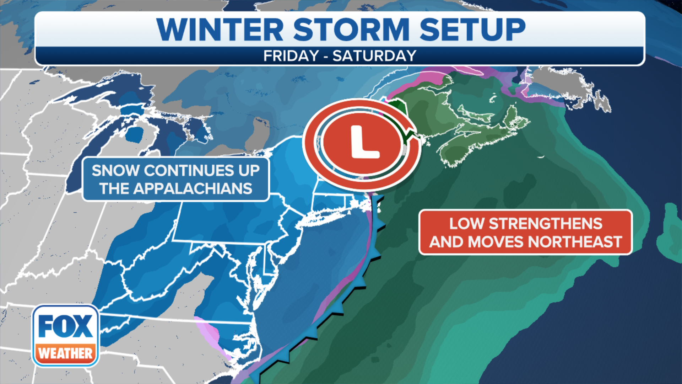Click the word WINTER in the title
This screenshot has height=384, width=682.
[x=220, y=30]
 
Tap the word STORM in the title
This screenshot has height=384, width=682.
[x=351, y=30]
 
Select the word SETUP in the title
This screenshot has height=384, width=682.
[x=472, y=30]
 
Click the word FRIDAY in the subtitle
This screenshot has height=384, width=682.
[x=291, y=56]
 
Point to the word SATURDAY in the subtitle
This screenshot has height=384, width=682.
[x=374, y=56]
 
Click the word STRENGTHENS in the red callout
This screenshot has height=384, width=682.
[x=546, y=224]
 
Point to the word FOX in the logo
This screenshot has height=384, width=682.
[x=65, y=326]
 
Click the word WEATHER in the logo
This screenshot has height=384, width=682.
[x=65, y=353]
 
